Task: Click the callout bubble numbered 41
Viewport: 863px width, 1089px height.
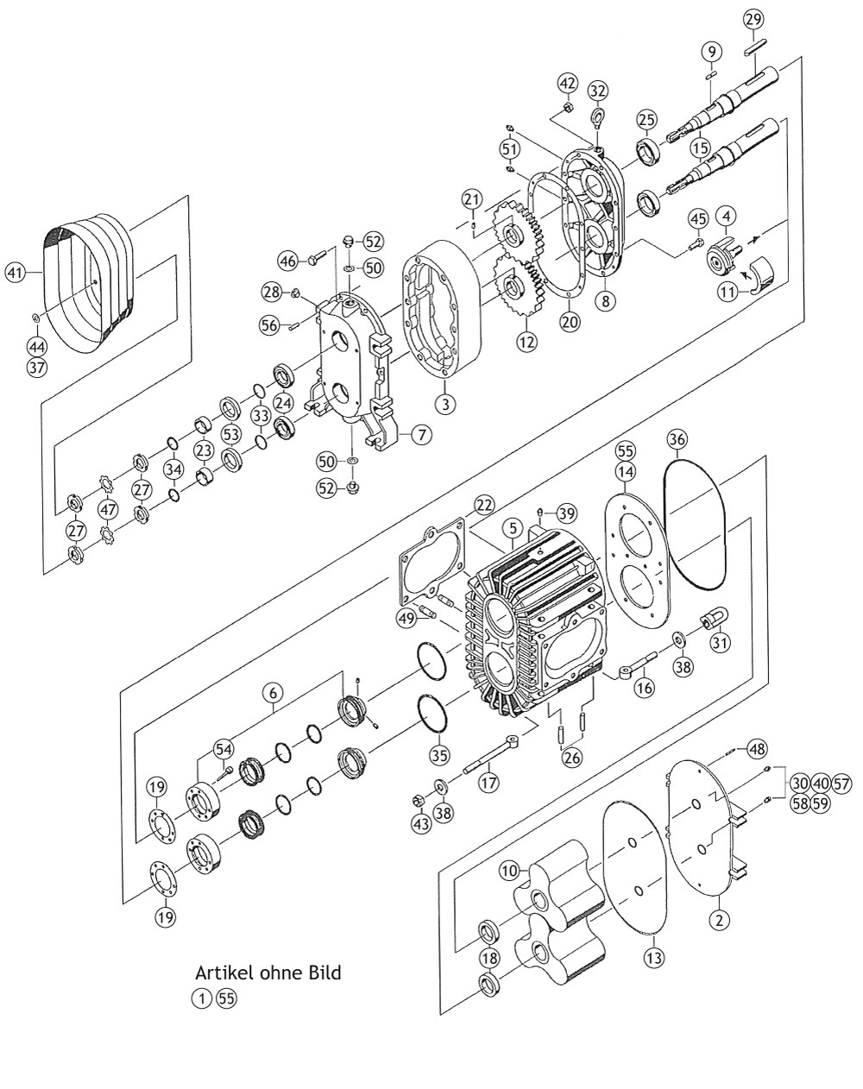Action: click(15, 273)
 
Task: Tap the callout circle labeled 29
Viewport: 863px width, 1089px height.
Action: click(753, 20)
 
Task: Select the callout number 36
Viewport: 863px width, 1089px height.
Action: click(677, 439)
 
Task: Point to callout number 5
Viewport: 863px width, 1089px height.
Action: click(513, 529)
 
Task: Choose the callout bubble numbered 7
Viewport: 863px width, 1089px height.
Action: click(422, 435)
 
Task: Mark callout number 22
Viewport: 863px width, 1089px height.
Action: click(484, 505)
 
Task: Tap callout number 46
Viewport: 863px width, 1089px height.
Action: click(288, 261)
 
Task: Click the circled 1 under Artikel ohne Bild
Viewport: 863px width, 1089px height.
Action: click(201, 998)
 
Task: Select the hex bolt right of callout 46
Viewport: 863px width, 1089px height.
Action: click(318, 261)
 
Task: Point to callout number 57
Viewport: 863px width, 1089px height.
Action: click(841, 784)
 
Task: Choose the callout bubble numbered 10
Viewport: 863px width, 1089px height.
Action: click(509, 872)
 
